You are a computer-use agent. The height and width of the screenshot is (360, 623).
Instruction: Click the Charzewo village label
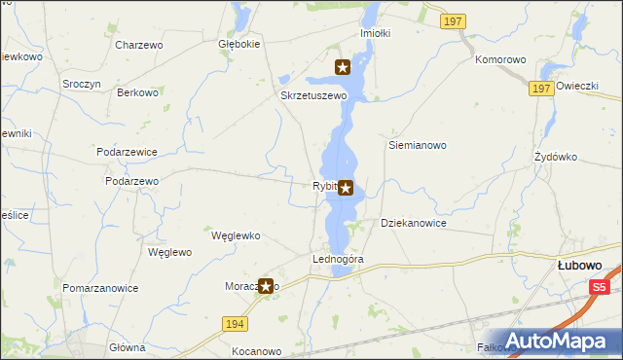[138, 45]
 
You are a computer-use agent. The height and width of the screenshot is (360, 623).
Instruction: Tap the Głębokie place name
[238, 45]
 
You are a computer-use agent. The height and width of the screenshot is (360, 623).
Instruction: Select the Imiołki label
[375, 32]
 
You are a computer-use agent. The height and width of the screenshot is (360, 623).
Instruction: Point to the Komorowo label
[500, 59]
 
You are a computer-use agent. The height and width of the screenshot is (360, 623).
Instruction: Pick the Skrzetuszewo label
[313, 96]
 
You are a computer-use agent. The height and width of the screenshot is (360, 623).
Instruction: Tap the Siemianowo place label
[417, 145]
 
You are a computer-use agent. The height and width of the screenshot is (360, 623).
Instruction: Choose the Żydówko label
[557, 157]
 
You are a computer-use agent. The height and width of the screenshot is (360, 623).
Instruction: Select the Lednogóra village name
[338, 260]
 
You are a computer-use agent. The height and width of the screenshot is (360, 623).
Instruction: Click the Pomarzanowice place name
[100, 288]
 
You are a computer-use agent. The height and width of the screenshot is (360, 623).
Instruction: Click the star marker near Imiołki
[343, 67]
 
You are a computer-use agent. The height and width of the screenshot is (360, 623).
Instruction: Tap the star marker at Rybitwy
[346, 188]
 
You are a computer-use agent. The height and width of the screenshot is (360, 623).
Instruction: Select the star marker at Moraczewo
[265, 285]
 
